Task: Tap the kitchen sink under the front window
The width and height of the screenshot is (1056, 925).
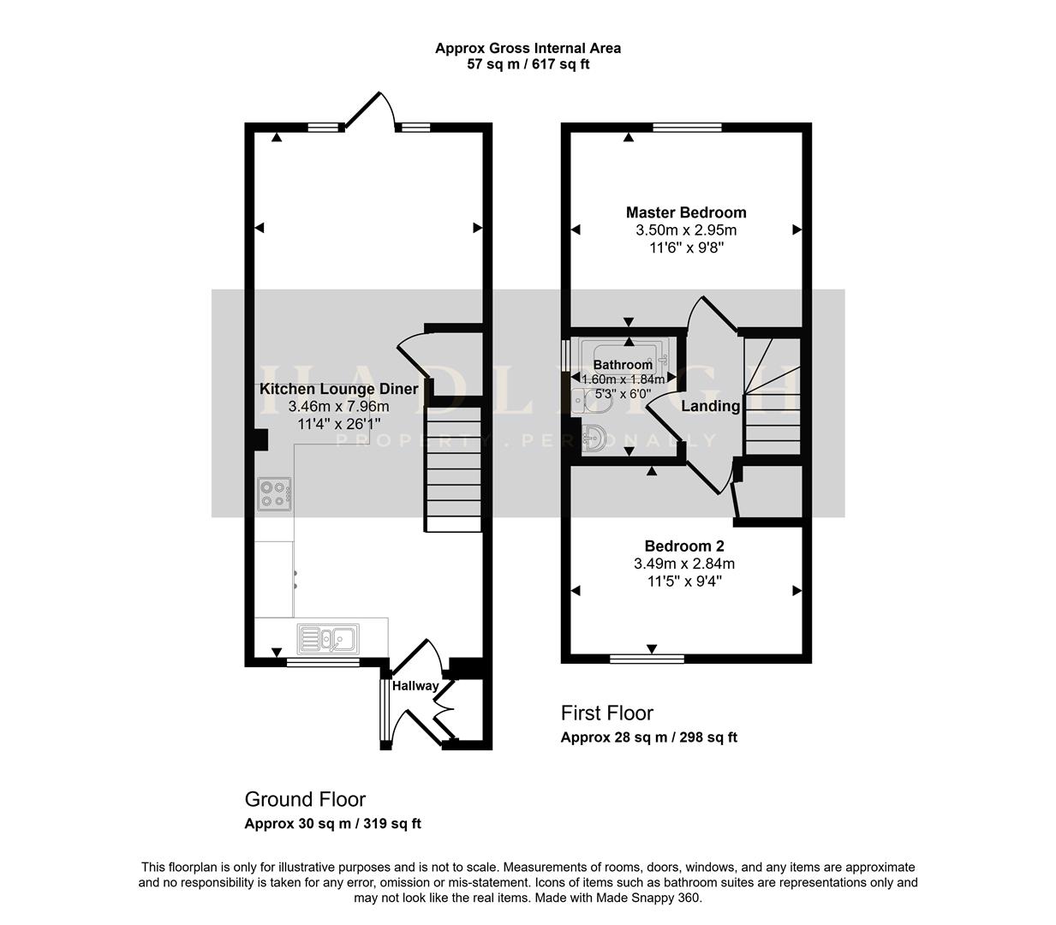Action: [329, 638]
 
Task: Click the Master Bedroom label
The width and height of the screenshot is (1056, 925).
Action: [685, 212]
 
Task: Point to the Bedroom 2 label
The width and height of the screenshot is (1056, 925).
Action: [684, 546]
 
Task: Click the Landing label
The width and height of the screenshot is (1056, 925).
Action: [710, 406]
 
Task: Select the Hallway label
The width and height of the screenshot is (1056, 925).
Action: [415, 685]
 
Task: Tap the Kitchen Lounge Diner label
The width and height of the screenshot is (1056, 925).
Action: [338, 389]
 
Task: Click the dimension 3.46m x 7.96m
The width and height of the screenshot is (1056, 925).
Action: [338, 406]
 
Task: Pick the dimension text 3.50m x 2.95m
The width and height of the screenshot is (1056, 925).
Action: [685, 230]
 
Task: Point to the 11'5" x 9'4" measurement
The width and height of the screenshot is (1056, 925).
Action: [684, 581]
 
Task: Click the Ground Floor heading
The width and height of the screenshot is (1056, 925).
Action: [305, 799]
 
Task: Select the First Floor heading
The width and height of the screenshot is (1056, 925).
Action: [606, 713]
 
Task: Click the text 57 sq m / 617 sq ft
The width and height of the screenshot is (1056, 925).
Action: [528, 64]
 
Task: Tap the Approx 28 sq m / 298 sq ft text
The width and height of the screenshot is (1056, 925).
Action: [648, 737]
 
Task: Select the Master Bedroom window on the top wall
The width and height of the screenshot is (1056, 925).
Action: [687, 128]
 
